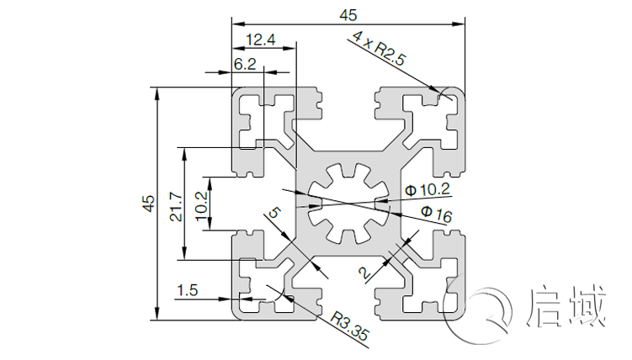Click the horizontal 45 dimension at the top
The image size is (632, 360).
(348, 13)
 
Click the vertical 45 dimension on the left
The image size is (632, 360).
(147, 203)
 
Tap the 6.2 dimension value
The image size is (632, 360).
(245, 64)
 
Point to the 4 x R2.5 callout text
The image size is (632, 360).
(380, 48)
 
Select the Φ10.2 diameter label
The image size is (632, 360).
(427, 189)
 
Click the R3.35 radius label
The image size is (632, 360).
(350, 327)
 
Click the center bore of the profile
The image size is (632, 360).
(348, 203)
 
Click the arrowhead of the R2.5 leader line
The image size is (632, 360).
(439, 91)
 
